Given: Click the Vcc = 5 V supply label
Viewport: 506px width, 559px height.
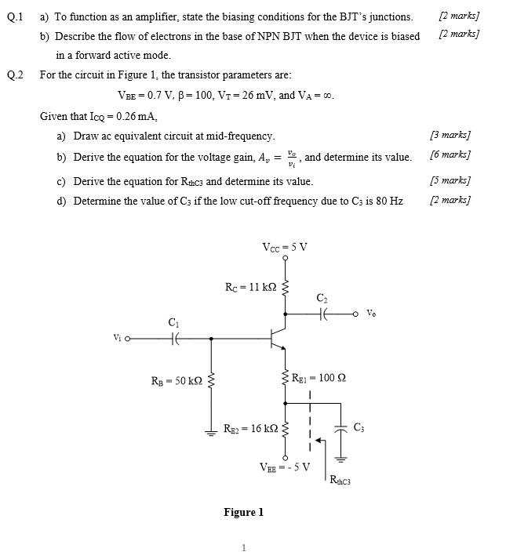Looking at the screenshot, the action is tap(285, 247).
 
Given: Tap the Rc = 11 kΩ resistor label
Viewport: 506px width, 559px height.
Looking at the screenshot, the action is tap(250, 287).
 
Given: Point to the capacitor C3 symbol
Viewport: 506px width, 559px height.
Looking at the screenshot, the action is tap(341, 429).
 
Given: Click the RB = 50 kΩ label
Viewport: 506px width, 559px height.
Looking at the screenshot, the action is tap(177, 381).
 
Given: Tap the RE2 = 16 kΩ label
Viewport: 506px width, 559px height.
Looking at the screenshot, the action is tap(250, 429).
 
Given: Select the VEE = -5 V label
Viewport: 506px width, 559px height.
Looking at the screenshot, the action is tap(285, 467).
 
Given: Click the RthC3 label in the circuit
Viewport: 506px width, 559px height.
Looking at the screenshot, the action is tap(340, 481).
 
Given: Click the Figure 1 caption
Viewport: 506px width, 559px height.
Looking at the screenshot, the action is tap(243, 512).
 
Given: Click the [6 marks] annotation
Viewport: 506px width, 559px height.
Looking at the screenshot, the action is tap(450, 154).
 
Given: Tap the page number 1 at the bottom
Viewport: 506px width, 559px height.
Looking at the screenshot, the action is tap(244, 547).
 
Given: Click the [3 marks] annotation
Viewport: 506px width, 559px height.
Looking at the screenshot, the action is tap(450, 136).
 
